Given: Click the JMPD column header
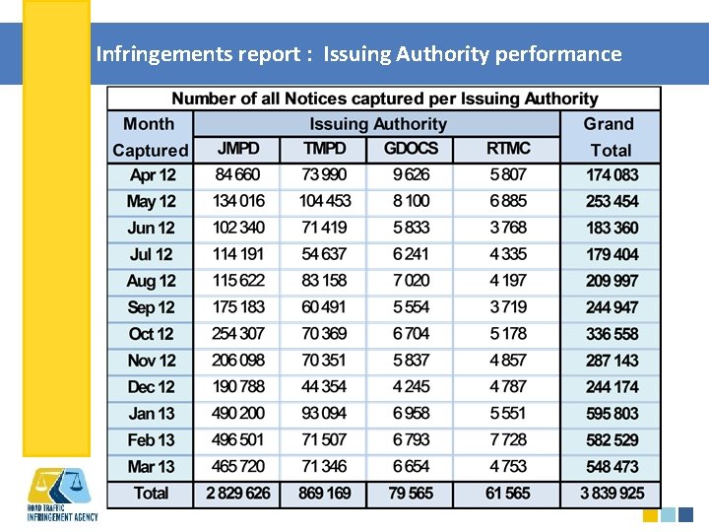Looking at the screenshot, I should coord(237,150).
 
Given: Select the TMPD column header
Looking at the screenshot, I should coord(324,150).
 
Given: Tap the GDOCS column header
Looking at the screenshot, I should coord(411,150).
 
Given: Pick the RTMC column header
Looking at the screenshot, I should coord(508,150).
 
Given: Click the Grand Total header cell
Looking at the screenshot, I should coord(610,137).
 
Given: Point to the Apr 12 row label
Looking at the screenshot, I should coord(152,175).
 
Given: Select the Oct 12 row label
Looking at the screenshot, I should coord(152,334).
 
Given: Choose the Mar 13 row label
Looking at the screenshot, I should coord(152,467).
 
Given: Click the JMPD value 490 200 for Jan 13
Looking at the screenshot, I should coord(237,414).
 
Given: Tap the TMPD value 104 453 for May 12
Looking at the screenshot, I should coord(324,201).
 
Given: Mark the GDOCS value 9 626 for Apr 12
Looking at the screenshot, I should coord(411,175).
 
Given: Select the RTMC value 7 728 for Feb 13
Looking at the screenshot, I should coord(508,440).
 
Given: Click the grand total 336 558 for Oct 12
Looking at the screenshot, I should coord(611,334).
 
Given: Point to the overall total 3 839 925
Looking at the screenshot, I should coord(611,494).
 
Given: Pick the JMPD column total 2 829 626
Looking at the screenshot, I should coord(237,494).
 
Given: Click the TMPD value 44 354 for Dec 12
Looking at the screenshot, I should coord(324,387).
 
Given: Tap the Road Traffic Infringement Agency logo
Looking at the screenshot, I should coord(60,494).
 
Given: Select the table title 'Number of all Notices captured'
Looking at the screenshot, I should coord(384,99).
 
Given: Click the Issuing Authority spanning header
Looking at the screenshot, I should coord(377,124).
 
